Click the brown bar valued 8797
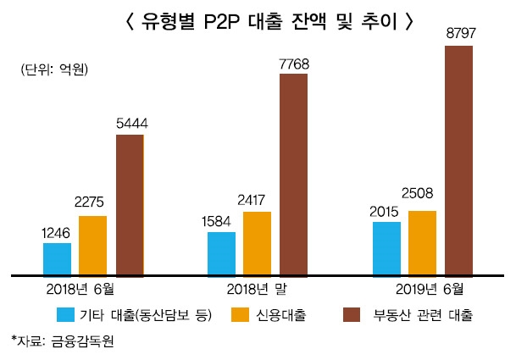click(x=458, y=161)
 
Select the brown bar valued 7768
click(x=294, y=175)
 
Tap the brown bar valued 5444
click(x=130, y=205)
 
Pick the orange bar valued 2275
click(x=93, y=246)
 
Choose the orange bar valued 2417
click(x=257, y=244)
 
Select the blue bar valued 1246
click(x=57, y=259)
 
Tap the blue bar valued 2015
click(x=386, y=249)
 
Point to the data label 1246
click(x=57, y=232)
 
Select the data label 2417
click(x=257, y=201)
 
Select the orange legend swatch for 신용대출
click(x=239, y=315)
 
